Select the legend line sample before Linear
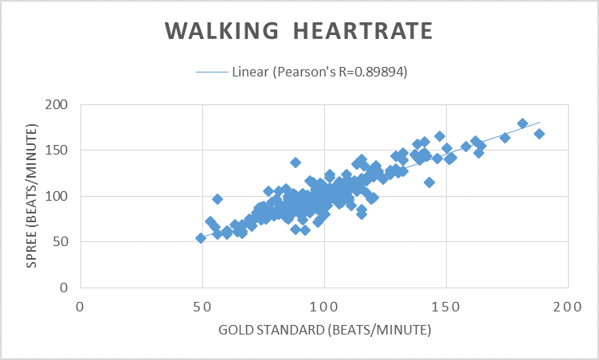click(x=212, y=72)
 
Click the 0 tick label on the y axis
click(x=65, y=287)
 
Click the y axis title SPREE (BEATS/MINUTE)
click(x=33, y=196)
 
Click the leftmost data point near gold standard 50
click(x=201, y=238)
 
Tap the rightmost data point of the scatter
click(x=539, y=134)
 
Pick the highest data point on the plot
click(x=523, y=123)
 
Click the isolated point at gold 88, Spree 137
click(x=296, y=162)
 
